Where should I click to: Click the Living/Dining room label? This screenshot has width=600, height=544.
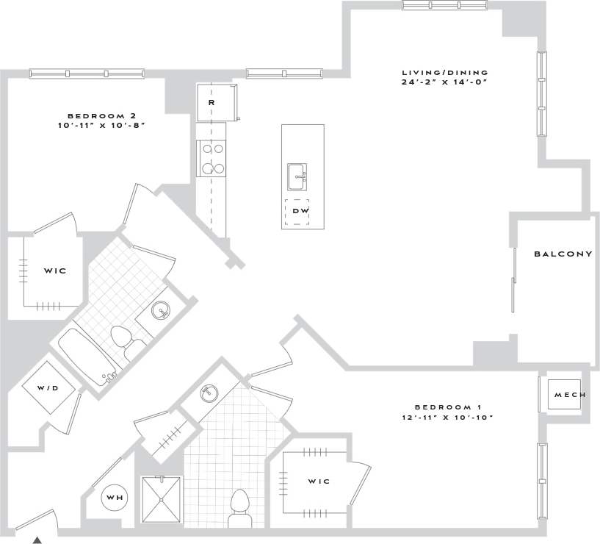coord(444,72)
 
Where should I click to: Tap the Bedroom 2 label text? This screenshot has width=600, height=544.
coord(102,115)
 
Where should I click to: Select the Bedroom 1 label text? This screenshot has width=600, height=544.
coord(447,407)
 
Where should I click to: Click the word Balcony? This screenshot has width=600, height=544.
coord(563,254)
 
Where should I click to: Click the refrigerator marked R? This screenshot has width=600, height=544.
coord(214,103)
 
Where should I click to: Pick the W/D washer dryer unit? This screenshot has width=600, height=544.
coord(49,387)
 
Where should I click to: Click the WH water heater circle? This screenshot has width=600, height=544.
coord(115,498)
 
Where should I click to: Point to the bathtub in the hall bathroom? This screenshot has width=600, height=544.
coord(85,358)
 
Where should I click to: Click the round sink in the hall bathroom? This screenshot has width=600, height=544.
coord(162,312)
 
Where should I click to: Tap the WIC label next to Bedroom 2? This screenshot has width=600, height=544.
coord(55,271)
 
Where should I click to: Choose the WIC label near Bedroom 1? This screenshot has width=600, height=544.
coord(318,482)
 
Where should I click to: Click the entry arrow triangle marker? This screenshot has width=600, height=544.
coord(37,540)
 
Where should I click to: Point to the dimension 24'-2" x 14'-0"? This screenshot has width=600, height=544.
coord(444,82)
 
